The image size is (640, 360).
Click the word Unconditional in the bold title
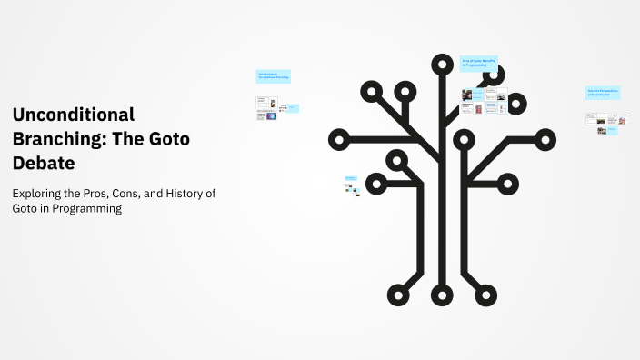tap(74, 115)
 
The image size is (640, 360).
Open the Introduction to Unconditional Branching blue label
tap(273, 76)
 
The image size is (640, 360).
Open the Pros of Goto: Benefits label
tap(479, 63)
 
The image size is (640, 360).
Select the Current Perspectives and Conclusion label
tap(603, 93)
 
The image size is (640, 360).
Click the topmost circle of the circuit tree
tap(442, 65)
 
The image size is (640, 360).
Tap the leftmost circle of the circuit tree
tap(339, 140)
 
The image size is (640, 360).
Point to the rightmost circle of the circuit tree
tap(545, 140)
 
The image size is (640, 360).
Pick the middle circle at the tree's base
tap(442, 295)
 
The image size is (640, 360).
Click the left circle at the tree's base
tap(397, 295)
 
